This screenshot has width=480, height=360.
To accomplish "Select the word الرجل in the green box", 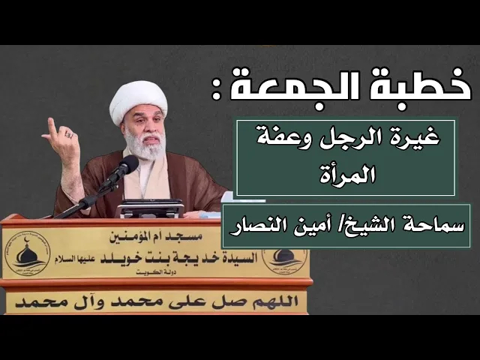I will tap(350, 139).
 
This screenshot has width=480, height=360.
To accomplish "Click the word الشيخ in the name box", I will tap(364, 224).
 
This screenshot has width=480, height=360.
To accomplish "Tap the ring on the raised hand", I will tap(70, 135).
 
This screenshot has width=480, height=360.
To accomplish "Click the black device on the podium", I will tap(150, 208).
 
